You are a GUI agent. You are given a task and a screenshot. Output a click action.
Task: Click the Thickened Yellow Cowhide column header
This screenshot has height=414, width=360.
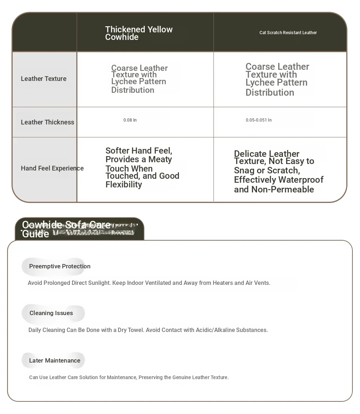point(139,33)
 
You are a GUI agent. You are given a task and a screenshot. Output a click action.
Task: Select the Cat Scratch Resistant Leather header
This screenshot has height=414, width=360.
point(288,33)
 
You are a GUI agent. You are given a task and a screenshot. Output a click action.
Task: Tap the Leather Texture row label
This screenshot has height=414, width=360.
point(44,79)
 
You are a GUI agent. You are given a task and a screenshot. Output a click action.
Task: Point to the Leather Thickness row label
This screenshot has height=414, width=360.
point(48,122)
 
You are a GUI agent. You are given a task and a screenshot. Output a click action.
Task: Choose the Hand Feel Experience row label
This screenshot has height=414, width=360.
point(52,168)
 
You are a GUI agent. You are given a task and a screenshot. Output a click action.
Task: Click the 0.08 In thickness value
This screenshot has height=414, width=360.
point(130,120)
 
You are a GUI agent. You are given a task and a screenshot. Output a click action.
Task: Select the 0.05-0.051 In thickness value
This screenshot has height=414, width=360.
point(258,120)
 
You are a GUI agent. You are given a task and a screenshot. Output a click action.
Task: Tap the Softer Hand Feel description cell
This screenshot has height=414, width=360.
point(142,168)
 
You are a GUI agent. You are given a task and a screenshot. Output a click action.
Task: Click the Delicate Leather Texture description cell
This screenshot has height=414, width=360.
point(279,172)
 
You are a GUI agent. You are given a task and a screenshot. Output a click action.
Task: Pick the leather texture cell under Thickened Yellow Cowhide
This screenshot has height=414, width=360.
point(139,79)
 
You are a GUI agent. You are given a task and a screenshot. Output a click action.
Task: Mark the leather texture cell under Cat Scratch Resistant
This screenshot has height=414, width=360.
point(277,79)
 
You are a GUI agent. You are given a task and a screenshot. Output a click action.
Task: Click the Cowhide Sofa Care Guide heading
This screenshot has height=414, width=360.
point(66,229)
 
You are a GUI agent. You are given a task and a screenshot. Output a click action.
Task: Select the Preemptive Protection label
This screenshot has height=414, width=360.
point(60,267)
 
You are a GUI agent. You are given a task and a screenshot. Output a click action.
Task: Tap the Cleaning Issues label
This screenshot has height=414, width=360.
point(51,313)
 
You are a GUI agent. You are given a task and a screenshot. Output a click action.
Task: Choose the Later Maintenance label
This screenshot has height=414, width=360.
point(55,361)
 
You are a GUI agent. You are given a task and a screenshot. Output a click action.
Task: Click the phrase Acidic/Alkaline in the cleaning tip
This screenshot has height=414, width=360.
point(215,330)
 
